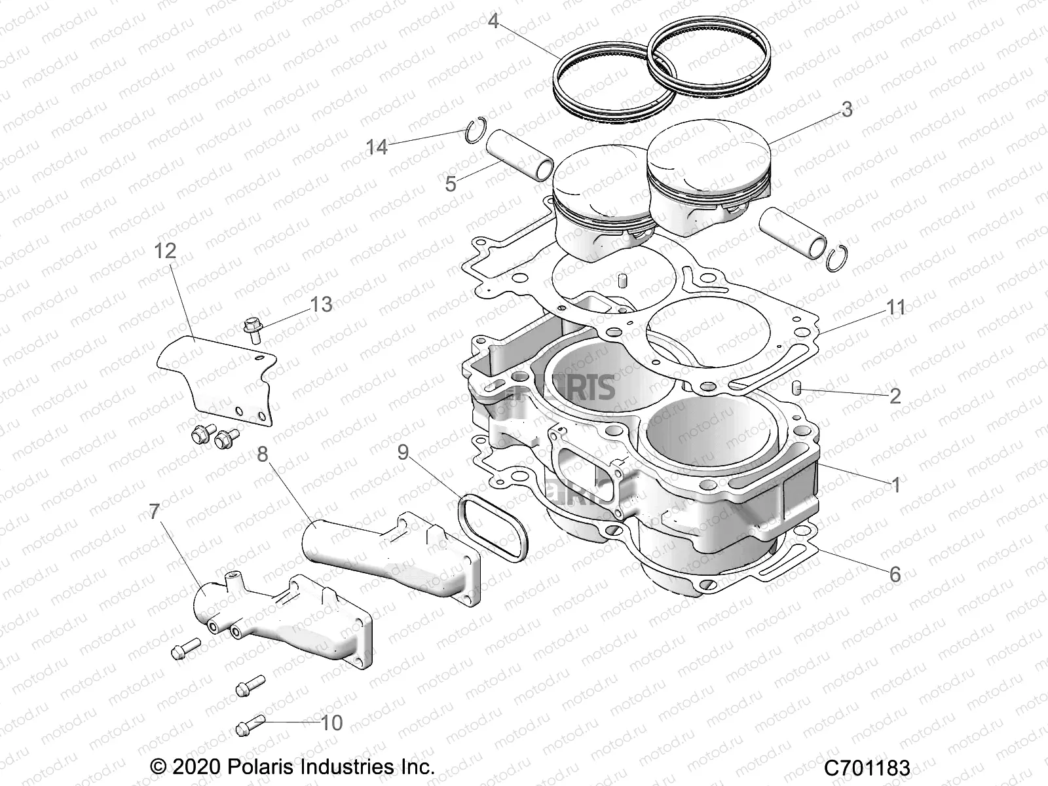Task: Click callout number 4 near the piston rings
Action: coord(493,22)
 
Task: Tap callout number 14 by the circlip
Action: coord(377,147)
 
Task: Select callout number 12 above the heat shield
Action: coord(166,250)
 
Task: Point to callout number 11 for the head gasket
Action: coord(895,307)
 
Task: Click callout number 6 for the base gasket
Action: coord(895,574)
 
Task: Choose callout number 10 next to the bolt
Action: coord(332,722)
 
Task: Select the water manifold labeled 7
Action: coord(282,619)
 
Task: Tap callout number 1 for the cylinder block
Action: coord(895,485)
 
